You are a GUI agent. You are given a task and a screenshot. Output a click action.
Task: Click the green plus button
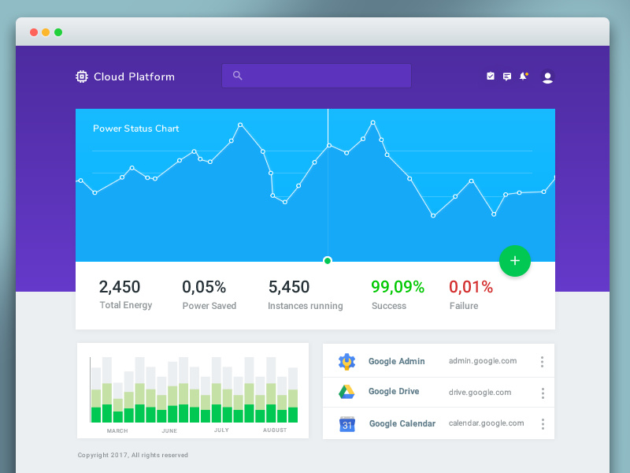click(x=515, y=261)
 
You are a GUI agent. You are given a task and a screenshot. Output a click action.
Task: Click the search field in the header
click(x=317, y=76)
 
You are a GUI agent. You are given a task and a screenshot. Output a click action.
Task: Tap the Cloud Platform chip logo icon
click(x=81, y=76)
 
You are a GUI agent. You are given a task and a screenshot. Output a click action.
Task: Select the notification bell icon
click(x=523, y=76)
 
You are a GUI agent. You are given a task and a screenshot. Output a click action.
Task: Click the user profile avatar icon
click(x=547, y=76)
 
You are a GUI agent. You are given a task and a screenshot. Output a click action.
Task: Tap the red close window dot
click(x=34, y=32)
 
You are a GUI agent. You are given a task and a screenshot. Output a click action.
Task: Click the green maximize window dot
click(x=58, y=32)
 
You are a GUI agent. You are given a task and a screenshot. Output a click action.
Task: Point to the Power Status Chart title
click(x=135, y=128)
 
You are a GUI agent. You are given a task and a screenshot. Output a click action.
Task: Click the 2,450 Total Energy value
click(x=120, y=287)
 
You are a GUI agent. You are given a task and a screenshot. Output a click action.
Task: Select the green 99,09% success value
click(x=398, y=287)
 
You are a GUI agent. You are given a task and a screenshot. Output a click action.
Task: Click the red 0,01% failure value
click(x=471, y=287)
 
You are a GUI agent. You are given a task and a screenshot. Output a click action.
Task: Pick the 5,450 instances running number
click(x=289, y=287)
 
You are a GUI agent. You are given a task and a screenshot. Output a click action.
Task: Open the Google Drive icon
click(x=346, y=392)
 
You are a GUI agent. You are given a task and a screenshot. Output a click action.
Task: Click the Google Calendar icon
click(x=347, y=424)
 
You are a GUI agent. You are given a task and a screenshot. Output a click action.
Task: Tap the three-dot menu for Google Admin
click(x=542, y=362)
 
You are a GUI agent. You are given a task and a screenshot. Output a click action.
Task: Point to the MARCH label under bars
click(x=117, y=430)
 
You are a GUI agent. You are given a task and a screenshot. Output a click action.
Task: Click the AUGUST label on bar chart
click(x=275, y=430)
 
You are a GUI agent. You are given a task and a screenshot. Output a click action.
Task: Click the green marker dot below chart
click(x=328, y=261)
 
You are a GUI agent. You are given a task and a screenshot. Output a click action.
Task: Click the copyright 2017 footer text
click(x=133, y=455)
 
